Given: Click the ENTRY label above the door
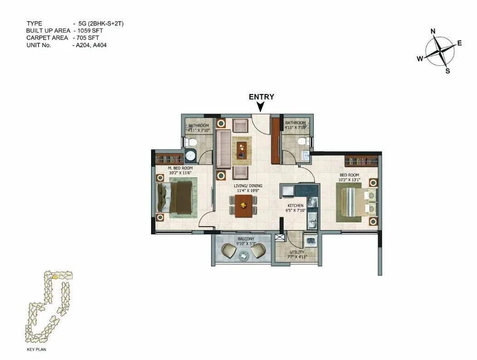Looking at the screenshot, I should pos(261,97).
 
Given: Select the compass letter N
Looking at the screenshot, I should pos(433,31).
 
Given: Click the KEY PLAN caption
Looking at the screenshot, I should pos(37,350).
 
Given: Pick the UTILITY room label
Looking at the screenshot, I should pos(297,252).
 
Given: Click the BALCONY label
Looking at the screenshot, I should pos(245,239).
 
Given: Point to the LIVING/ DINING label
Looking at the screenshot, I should pos(248,186).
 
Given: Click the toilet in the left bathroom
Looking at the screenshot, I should pos(192,143).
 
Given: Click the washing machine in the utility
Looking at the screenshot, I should pos(310,241).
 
